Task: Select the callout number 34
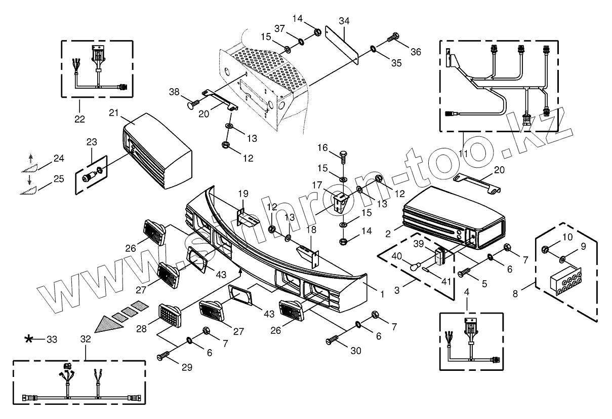pos(344,21)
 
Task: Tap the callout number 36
pos(415,52)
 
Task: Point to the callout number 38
pos(174,92)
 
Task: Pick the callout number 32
pos(86,339)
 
